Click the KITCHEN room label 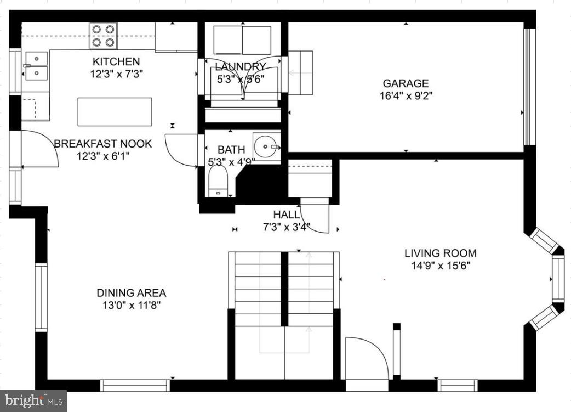point(116,61)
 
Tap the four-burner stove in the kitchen point(103,36)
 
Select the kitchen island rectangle point(115,112)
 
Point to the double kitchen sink point(36,65)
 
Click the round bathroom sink point(266,146)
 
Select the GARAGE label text point(406,84)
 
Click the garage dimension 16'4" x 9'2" point(406,96)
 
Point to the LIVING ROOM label point(440,253)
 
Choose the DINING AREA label point(131,293)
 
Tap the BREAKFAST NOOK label point(102,144)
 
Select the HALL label point(287,215)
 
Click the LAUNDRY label point(240,67)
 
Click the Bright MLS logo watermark point(33,400)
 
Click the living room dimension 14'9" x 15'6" point(440,266)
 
